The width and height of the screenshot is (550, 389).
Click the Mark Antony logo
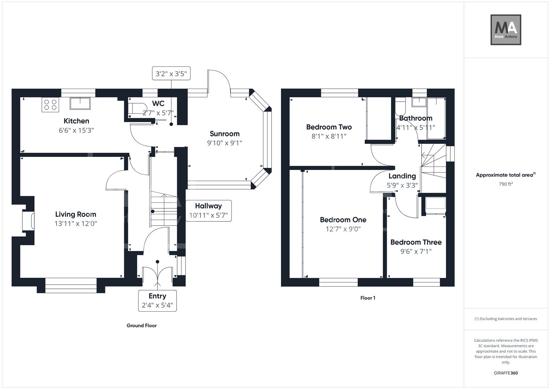pyautogui.click(x=506, y=30)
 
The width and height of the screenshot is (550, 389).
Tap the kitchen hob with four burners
pyautogui.click(x=50, y=105)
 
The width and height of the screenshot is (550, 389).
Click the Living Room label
pyautogui.click(x=76, y=214)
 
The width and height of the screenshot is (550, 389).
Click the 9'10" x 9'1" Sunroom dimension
pyautogui.click(x=224, y=143)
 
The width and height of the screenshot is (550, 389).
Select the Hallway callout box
pyautogui.click(x=208, y=211)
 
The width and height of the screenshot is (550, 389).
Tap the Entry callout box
pyautogui.click(x=157, y=301)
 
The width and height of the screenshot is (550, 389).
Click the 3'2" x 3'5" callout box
pyautogui.click(x=171, y=73)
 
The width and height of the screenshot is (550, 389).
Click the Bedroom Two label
pyautogui.click(x=329, y=127)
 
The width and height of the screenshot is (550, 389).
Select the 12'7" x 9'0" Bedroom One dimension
pyautogui.click(x=343, y=229)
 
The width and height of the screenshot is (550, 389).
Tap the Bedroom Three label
pyautogui.click(x=416, y=242)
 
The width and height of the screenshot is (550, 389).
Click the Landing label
pyautogui.click(x=402, y=176)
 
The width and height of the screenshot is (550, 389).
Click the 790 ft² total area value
pyautogui.click(x=506, y=184)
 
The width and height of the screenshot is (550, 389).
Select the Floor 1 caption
pyautogui.click(x=368, y=298)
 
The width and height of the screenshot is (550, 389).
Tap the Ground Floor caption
pyautogui.click(x=142, y=326)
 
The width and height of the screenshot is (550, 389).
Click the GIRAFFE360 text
pyautogui.click(x=506, y=373)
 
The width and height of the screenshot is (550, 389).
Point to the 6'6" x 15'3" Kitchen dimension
pyautogui.click(x=76, y=130)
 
